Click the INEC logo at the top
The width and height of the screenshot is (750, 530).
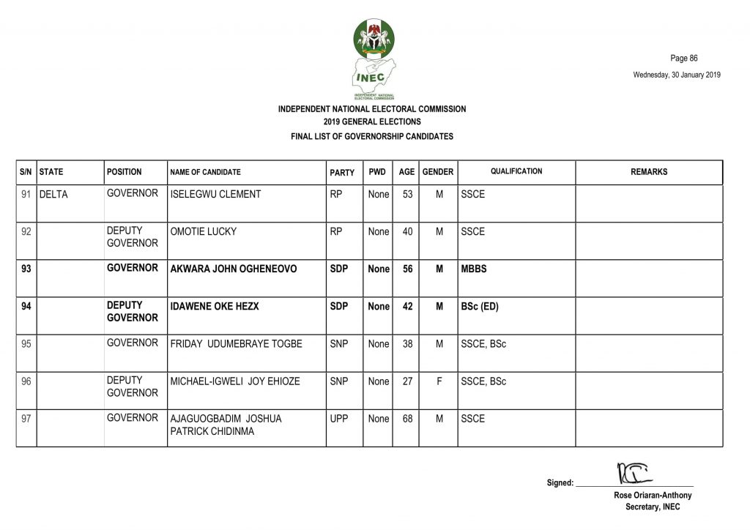click(374, 59)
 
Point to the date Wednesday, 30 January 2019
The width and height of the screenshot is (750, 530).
click(677, 74)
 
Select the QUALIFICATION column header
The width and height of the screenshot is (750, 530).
click(516, 171)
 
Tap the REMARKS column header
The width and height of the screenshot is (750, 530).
click(649, 172)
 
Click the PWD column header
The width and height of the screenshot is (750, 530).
click(377, 172)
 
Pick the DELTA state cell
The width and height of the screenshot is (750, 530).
click(53, 195)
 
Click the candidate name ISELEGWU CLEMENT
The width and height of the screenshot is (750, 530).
click(215, 195)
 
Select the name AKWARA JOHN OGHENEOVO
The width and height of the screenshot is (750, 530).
click(234, 269)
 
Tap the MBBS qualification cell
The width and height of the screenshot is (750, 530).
click(474, 269)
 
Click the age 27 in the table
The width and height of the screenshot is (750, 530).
click(408, 381)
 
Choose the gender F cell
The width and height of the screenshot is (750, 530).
click(439, 381)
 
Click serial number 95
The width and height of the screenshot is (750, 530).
click(26, 344)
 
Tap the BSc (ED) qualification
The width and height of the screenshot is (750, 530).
click(480, 307)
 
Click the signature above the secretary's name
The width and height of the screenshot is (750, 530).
click(634, 474)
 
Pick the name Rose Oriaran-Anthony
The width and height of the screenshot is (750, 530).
click(653, 496)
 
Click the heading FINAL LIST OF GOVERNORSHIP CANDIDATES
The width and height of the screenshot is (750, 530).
click(372, 136)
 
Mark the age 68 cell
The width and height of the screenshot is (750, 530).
click(408, 419)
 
